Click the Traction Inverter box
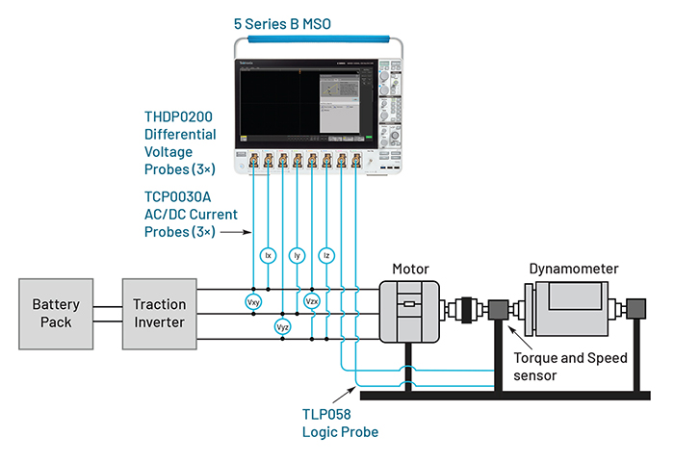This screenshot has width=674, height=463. coord(159,314)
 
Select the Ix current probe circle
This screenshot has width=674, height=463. coord(268,256)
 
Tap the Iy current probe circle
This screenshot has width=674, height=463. coord(297,256)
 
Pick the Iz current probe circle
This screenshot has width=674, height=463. coord(326,256)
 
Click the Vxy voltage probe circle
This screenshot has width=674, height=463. coord(253,302)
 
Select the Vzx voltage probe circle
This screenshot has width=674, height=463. coord(312,302)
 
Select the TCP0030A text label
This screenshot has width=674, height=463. coord(178,195)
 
